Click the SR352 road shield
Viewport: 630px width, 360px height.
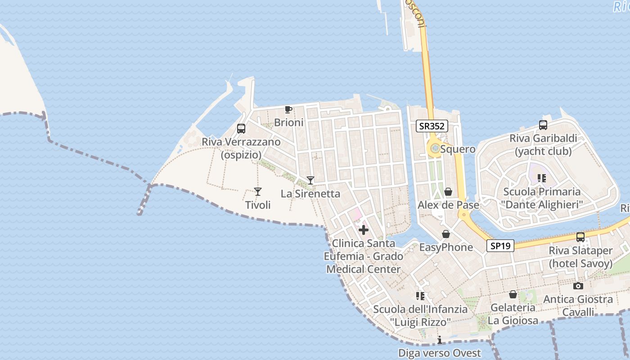point(432,126)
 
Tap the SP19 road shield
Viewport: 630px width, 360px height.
point(500,246)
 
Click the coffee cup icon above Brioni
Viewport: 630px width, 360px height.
point(288,109)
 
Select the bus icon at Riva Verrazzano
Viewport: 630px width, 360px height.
point(241,129)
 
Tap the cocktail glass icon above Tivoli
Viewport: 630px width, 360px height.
point(258,192)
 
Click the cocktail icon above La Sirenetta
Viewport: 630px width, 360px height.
point(310,180)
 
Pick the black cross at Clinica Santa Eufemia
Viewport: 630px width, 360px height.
point(363,230)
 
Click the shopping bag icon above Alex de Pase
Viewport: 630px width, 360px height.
point(448,192)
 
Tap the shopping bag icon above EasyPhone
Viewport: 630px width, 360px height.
point(446,234)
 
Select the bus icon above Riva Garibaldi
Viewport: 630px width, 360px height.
point(543,125)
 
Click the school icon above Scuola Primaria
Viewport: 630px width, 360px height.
point(542,178)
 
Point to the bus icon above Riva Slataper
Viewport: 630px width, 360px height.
point(580,237)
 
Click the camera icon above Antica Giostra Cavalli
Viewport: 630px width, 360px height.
point(578,286)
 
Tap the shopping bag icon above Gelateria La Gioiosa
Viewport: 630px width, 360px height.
point(513,294)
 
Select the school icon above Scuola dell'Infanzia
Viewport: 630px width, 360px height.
point(420,296)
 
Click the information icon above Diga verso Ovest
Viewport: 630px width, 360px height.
point(440,340)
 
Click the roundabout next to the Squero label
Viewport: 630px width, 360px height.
point(435,148)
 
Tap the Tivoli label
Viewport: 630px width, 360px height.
point(258,205)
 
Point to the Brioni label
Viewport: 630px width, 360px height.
point(289,122)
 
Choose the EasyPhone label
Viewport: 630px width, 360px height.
point(446,247)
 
